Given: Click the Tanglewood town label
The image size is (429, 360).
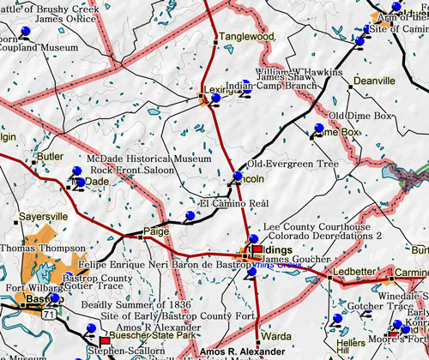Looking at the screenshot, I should pyautogui.click(x=246, y=38).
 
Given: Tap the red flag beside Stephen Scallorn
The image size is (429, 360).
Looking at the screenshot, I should pyautogui.click(x=105, y=340).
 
